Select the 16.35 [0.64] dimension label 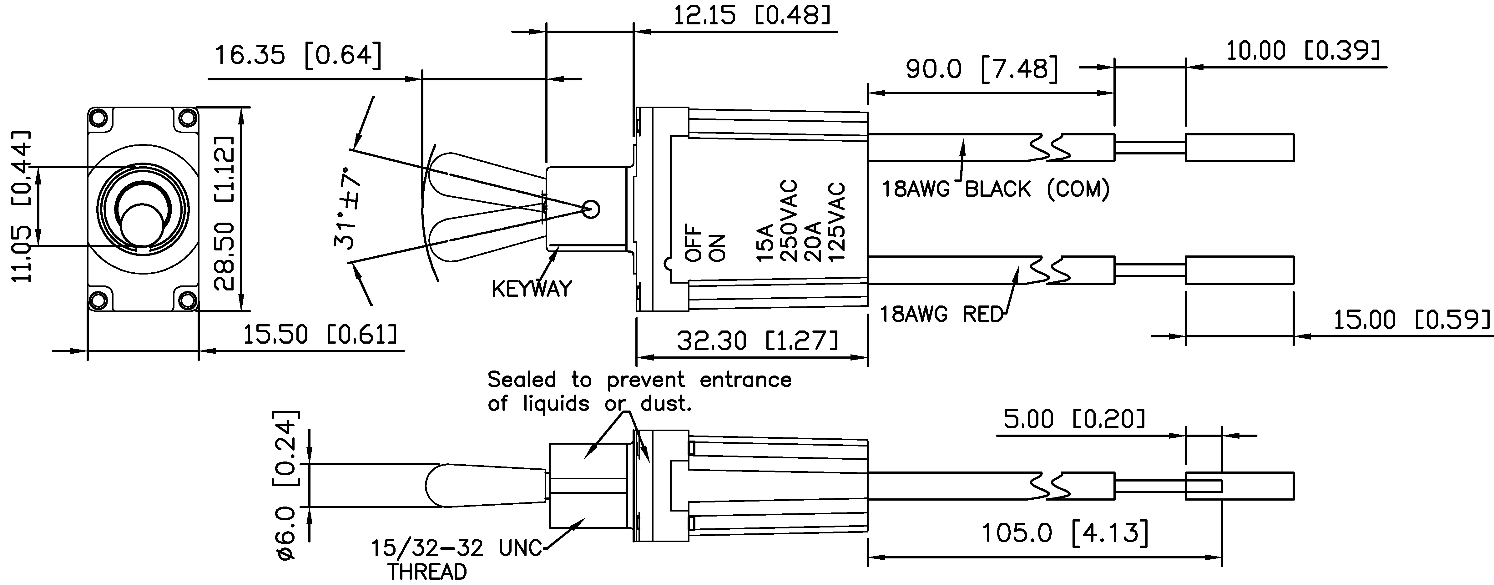[x=298, y=56]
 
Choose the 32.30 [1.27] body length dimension [x=757, y=341]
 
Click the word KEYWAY [x=531, y=289]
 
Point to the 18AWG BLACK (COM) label [x=995, y=189]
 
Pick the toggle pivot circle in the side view [x=590, y=209]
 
